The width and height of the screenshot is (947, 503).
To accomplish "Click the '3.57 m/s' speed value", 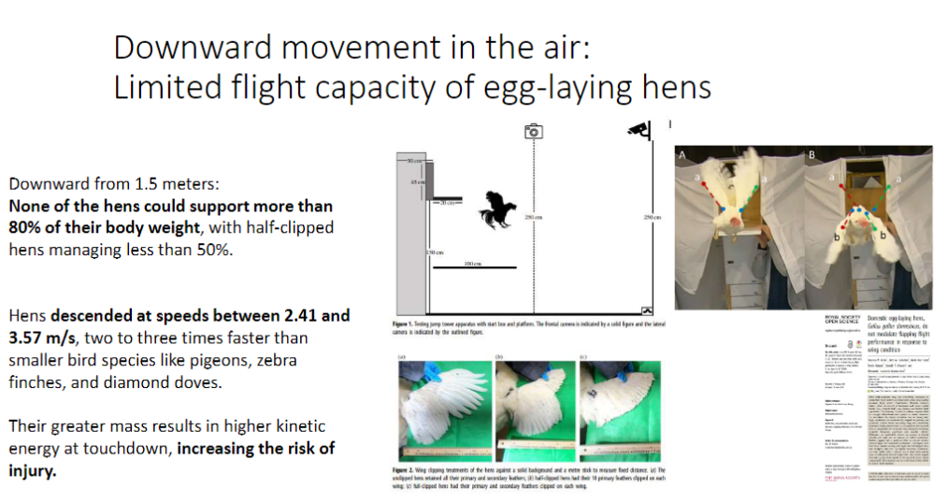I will (x=40, y=338).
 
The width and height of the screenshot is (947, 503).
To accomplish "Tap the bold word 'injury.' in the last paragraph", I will (x=33, y=470).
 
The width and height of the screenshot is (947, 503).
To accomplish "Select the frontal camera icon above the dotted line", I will (x=533, y=132).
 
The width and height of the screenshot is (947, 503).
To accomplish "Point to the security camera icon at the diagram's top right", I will (x=640, y=131).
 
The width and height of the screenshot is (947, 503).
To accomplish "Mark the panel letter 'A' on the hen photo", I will (x=683, y=154).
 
